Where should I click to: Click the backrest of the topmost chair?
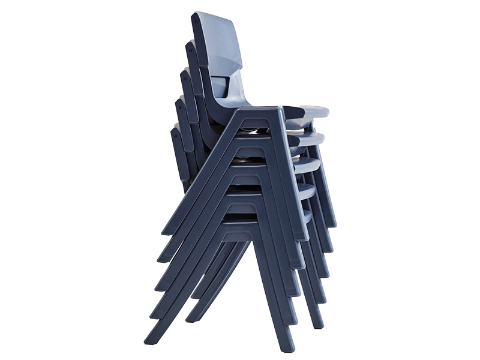point(219,42)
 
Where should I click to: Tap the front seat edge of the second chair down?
point(312,139)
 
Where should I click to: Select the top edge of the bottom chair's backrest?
point(175,128)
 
